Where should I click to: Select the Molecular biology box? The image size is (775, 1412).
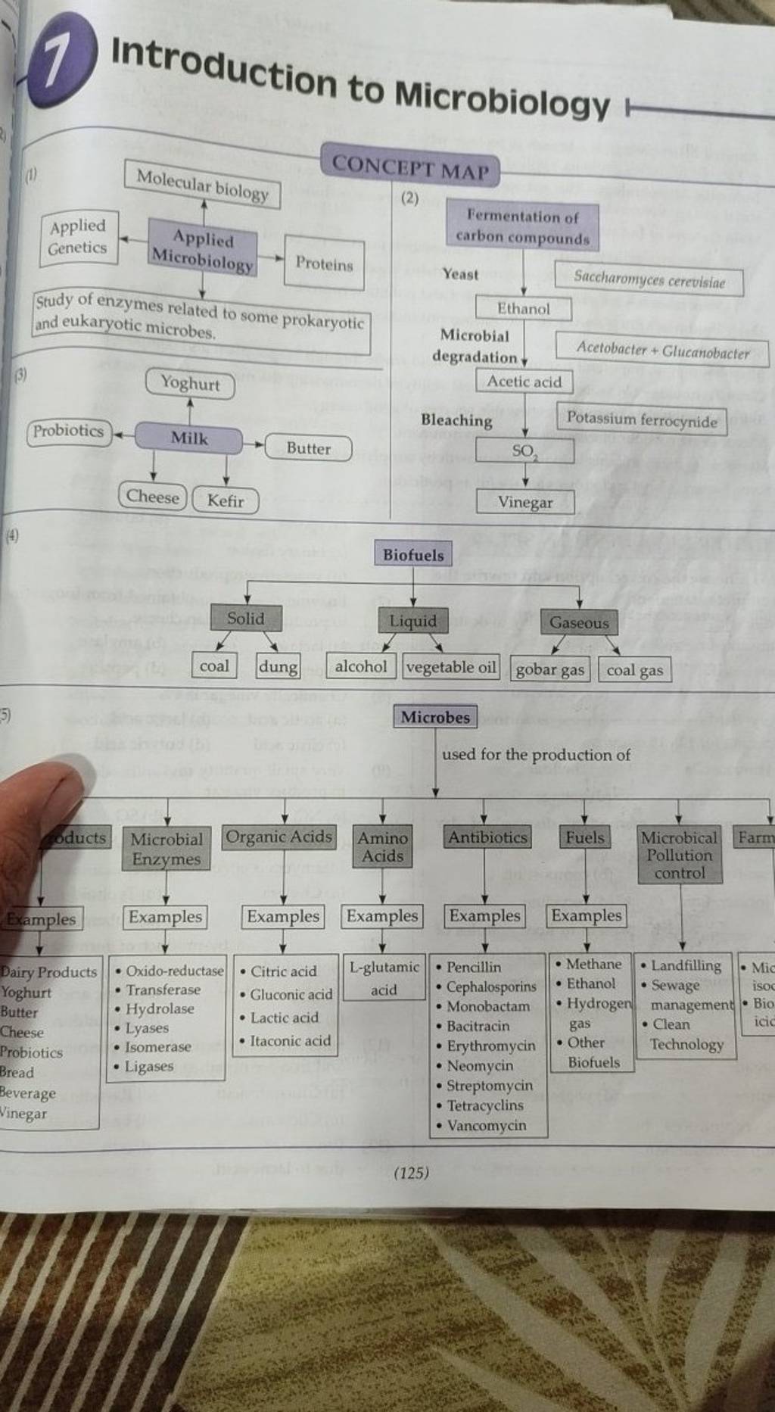[202, 185]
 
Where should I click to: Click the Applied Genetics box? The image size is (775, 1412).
[78, 237]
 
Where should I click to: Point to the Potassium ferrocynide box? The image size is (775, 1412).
[642, 420]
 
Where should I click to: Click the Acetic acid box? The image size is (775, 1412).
[524, 382]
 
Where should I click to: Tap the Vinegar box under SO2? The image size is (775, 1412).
[525, 502]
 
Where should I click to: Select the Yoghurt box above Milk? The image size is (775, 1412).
[190, 383]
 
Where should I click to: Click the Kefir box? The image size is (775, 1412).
[226, 500]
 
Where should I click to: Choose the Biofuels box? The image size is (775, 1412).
[413, 554]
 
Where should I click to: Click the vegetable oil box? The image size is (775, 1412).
[451, 667]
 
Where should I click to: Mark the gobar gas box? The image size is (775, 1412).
[550, 669]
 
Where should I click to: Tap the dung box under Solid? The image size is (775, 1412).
[278, 666]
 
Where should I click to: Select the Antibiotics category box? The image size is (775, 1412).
[487, 837]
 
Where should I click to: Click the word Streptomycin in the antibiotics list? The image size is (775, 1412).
[490, 1085]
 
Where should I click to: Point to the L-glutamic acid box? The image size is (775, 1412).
[384, 977]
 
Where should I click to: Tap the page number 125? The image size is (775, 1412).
[412, 1174]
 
